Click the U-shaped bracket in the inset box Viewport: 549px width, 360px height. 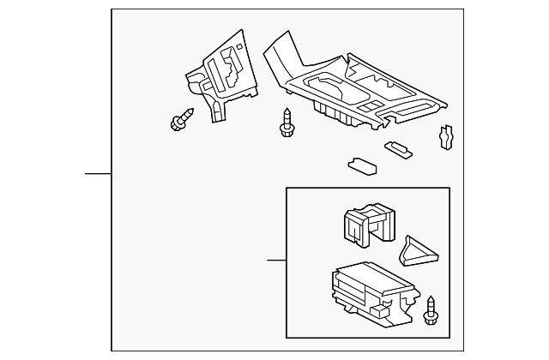(x=364, y=225)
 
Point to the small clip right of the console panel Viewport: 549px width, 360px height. (x=445, y=136)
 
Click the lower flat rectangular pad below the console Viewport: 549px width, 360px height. (x=359, y=165)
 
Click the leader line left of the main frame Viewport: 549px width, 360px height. (x=98, y=174)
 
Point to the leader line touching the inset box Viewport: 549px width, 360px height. (x=275, y=260)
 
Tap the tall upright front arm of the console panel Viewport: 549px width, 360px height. (x=275, y=53)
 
